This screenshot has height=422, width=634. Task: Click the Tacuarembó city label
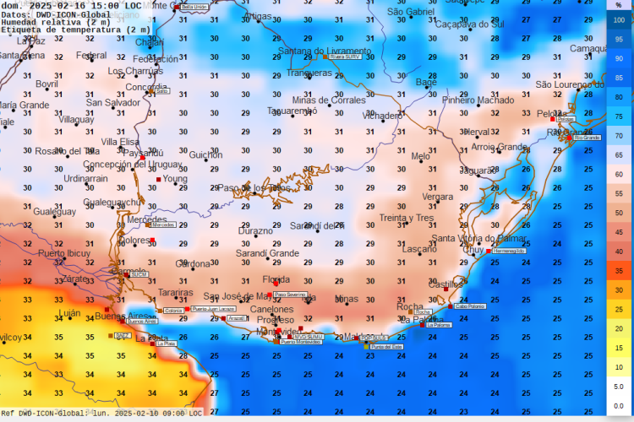tap(292, 111)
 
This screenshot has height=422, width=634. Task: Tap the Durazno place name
tap(255, 230)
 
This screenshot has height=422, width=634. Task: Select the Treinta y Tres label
tap(406, 218)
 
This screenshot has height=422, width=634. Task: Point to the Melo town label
tap(420, 156)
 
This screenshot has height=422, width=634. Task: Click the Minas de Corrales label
tap(329, 100)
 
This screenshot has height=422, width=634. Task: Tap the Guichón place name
tap(205, 154)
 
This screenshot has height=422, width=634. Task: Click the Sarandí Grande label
tap(267, 253)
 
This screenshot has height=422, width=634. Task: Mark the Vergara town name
tap(437, 197)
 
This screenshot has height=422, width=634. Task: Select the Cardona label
tap(193, 264)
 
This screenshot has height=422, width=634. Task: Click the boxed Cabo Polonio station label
tap(470, 306)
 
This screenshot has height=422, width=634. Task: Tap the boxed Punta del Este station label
tap(386, 347)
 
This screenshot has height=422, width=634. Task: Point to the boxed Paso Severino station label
tap(290, 295)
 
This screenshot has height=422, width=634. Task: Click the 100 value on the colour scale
tap(620, 19)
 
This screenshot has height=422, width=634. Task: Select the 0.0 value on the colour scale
tap(620, 406)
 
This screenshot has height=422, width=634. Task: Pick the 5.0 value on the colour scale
tap(620, 387)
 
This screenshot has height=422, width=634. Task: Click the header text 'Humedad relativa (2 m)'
tap(52, 22)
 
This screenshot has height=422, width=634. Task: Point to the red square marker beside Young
tap(158, 179)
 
